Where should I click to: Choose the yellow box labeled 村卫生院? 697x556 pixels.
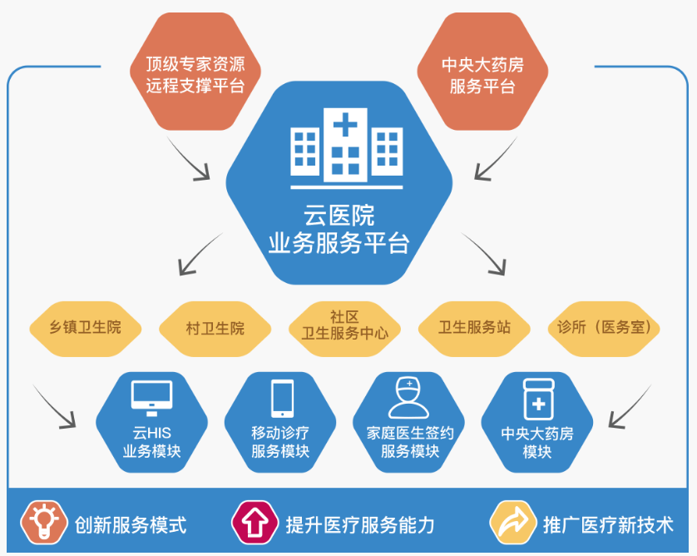tap(215, 328)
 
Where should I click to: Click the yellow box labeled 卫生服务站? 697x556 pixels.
tap(474, 327)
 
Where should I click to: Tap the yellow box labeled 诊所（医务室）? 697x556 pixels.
tap(605, 327)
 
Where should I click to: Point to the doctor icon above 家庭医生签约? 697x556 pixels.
tap(409, 398)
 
